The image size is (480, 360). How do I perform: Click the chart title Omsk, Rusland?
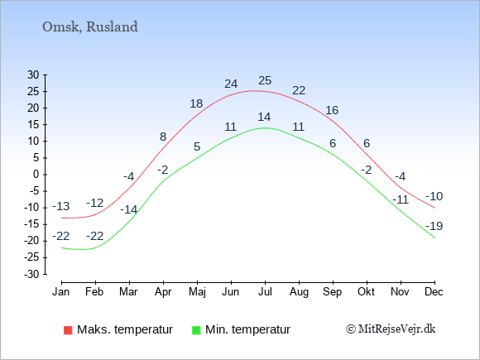(x=89, y=26)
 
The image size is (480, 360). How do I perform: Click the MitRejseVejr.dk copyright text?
(x=391, y=329)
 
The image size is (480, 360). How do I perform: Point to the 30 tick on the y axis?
(x=34, y=74)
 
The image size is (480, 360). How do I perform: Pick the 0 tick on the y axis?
(x=36, y=175)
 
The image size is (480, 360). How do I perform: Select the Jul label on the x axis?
(x=265, y=291)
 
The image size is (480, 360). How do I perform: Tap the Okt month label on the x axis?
(x=366, y=291)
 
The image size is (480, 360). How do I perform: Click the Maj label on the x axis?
(x=197, y=291)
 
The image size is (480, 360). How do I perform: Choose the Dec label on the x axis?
(x=434, y=291)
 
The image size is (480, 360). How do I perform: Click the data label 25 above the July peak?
(x=265, y=81)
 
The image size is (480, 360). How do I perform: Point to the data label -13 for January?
(x=60, y=207)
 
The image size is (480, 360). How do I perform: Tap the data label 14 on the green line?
(x=265, y=117)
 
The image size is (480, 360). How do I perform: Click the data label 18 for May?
(x=196, y=104)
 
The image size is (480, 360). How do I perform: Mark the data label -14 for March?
(x=128, y=209)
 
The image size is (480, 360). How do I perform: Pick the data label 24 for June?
(x=231, y=84)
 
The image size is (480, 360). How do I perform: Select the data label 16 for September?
(x=332, y=110)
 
